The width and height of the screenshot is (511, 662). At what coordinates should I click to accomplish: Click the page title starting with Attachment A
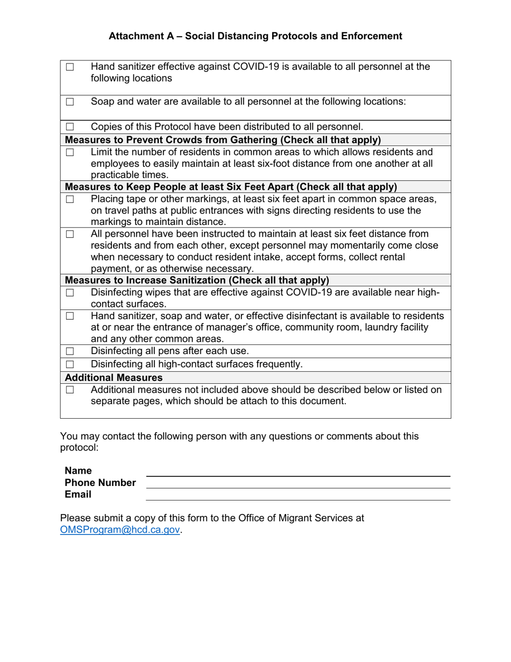coord(255,36)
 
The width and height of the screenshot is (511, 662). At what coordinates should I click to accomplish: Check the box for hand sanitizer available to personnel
coord(70,67)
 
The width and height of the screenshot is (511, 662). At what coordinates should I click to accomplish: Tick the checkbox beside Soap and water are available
coord(70,101)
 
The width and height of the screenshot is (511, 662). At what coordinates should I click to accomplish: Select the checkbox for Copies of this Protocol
coord(70,128)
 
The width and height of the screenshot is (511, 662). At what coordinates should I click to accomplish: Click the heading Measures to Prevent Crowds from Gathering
coord(223,140)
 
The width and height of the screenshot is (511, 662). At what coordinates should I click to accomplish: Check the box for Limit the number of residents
coord(70,152)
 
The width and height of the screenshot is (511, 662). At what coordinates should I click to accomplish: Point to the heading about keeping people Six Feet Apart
coord(231,187)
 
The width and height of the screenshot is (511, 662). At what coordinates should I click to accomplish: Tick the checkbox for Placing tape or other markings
coord(70,199)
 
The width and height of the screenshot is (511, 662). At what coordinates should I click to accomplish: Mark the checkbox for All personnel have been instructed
coord(70,234)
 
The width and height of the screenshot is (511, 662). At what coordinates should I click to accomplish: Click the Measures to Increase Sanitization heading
coord(197,280)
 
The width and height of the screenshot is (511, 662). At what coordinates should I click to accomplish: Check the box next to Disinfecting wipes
coord(70,293)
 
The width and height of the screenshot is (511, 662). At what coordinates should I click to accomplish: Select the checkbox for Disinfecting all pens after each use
coord(70,351)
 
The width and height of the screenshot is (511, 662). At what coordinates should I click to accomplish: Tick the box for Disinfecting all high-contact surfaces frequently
coord(70,364)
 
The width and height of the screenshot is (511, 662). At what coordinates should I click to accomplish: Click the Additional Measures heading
coord(113,378)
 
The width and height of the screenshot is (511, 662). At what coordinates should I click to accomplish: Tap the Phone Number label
coord(101,483)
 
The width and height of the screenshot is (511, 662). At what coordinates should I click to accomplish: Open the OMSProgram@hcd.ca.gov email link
coord(120,530)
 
